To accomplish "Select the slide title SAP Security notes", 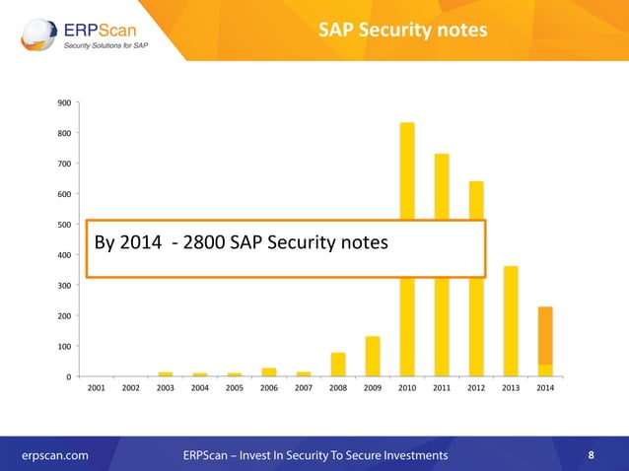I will tap(402, 31).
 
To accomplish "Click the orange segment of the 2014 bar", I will tap(545, 335).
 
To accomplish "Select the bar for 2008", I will tap(338, 365).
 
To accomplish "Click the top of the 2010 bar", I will tap(407, 125).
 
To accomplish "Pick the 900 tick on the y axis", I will tap(63, 102).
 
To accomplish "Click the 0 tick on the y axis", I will tap(67, 376).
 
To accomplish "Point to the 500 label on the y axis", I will tap(63, 225).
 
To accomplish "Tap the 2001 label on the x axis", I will tap(97, 389).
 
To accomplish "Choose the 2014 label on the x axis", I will tap(545, 389).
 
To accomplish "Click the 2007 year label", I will tap(304, 389).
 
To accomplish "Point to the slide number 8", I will tap(591, 455).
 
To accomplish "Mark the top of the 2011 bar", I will tap(442, 156).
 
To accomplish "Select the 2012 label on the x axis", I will tap(476, 389).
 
